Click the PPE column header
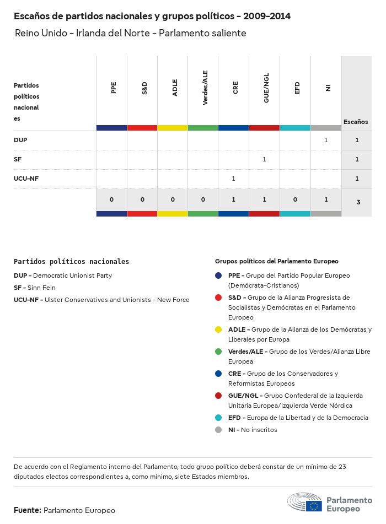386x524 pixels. pyautogui.click(x=114, y=88)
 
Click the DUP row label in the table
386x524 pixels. pyautogui.click(x=20, y=140)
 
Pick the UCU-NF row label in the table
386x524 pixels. pyautogui.click(x=26, y=179)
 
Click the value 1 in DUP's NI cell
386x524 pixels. pyautogui.click(x=326, y=140)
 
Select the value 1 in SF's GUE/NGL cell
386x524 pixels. pyautogui.click(x=264, y=159)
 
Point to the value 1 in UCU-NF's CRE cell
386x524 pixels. pyautogui.click(x=234, y=179)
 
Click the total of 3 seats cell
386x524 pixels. pyautogui.click(x=358, y=202)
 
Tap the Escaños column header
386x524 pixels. pyautogui.click(x=356, y=122)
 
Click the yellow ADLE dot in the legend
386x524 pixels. pyautogui.click(x=218, y=329)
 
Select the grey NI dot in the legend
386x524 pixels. pyautogui.click(x=218, y=430)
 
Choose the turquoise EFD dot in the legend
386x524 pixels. pyautogui.click(x=218, y=418)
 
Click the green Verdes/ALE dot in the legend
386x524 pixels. pyautogui.click(x=218, y=352)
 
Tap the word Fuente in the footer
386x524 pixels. pyautogui.click(x=27, y=511)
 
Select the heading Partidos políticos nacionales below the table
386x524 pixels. pyautogui.click(x=71, y=262)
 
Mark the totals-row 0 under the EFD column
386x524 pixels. pyautogui.click(x=295, y=199)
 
